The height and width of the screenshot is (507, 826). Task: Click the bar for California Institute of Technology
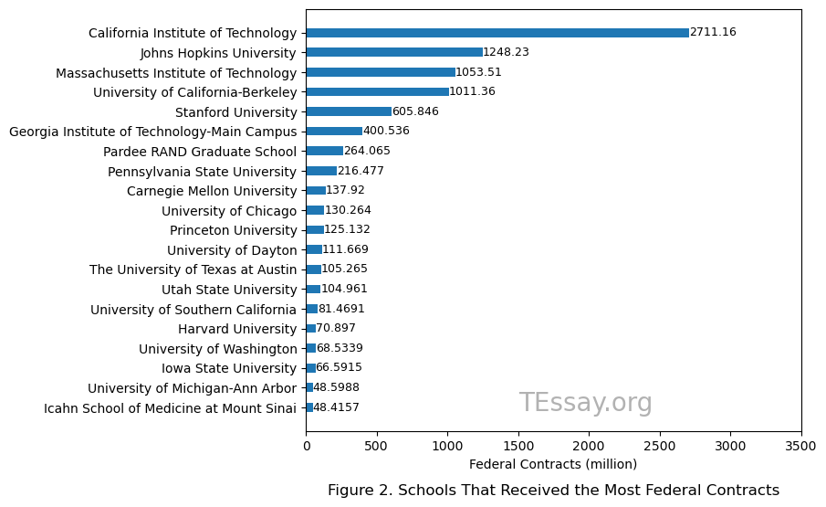(x=497, y=33)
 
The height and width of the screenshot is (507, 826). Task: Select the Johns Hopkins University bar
(x=394, y=52)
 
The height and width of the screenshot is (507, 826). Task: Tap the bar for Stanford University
(x=349, y=111)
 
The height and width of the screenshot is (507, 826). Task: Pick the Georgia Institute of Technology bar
(x=334, y=132)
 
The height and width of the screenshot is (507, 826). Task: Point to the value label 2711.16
(x=713, y=33)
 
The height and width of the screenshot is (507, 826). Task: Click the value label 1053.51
(x=479, y=72)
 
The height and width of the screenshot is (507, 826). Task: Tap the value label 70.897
(x=336, y=329)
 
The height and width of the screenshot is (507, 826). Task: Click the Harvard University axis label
(x=237, y=329)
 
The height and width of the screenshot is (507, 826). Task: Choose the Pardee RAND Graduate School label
(x=200, y=152)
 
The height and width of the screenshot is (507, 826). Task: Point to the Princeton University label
(x=233, y=230)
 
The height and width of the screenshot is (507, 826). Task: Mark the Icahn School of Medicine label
(x=170, y=408)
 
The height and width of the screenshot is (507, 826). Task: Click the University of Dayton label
(x=232, y=250)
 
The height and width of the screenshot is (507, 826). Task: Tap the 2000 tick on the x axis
(x=589, y=446)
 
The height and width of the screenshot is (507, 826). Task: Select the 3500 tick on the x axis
(x=800, y=446)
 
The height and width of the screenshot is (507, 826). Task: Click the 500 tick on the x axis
(x=377, y=446)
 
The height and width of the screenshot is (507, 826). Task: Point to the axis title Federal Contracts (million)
(x=553, y=464)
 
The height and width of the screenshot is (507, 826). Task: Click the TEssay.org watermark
(x=585, y=403)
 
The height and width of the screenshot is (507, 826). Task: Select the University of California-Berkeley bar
(x=377, y=92)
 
